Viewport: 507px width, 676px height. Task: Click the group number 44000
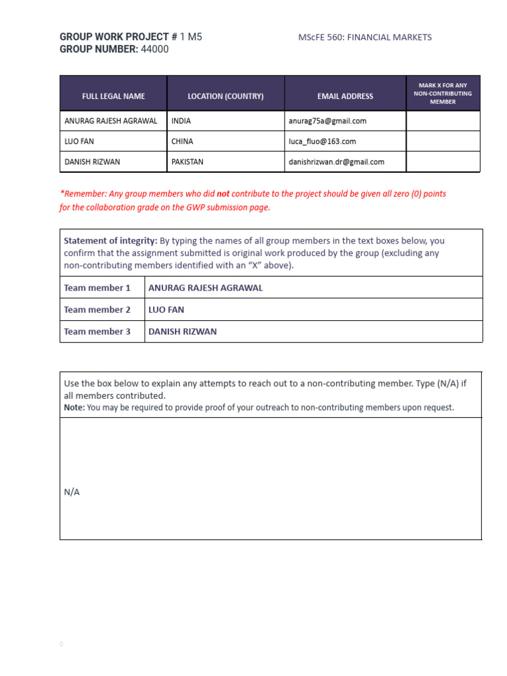click(x=154, y=50)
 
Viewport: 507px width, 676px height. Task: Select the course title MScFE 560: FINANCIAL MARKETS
click(x=365, y=37)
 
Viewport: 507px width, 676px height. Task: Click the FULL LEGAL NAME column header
click(x=114, y=96)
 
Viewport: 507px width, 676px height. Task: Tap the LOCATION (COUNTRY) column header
click(x=225, y=96)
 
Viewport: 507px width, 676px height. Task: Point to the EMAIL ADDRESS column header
click(x=345, y=96)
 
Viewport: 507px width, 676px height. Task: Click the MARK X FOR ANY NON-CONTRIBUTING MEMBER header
click(x=442, y=94)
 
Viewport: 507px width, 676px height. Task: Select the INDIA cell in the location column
click(x=181, y=121)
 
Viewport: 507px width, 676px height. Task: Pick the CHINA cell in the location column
click(x=182, y=141)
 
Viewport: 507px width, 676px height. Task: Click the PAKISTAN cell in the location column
click(x=187, y=162)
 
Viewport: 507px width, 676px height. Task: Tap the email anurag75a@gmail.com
click(x=327, y=121)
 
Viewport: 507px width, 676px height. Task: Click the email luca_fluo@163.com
click(x=322, y=141)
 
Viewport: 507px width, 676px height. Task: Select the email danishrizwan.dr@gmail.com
click(x=336, y=162)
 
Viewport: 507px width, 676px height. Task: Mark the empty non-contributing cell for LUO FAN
click(x=442, y=141)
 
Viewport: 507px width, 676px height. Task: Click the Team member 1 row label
click(x=97, y=288)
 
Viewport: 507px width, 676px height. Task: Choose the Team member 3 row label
click(x=97, y=331)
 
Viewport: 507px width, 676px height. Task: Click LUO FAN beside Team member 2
click(x=166, y=310)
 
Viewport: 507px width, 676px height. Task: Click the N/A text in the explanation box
click(x=72, y=492)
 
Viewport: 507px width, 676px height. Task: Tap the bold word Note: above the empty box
click(x=75, y=408)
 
